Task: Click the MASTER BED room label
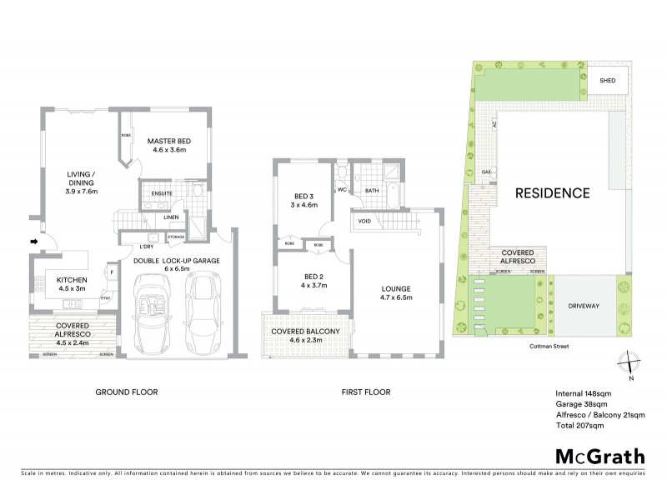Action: point(169,142)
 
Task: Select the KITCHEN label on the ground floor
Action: point(72,281)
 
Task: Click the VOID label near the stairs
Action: point(364,222)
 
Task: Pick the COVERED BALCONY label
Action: point(305,332)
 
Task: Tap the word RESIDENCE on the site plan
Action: point(551,192)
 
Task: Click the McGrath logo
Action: point(599,456)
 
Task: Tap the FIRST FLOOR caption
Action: point(366,392)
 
